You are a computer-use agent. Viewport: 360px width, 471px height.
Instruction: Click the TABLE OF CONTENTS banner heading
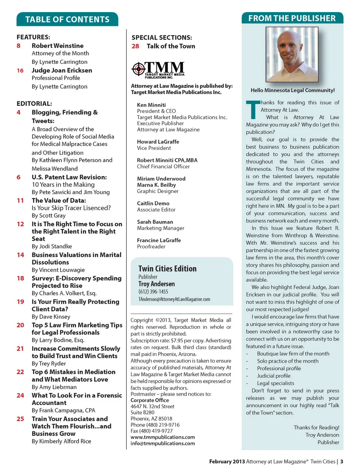(67, 20)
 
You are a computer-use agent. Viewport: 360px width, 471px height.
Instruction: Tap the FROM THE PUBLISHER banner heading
(292, 18)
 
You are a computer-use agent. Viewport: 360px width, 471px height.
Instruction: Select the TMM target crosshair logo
(138, 69)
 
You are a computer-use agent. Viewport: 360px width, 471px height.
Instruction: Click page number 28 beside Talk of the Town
(135, 46)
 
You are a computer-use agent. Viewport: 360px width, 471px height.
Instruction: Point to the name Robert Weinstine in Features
(57, 45)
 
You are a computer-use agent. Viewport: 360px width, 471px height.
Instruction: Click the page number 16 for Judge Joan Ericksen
(20, 71)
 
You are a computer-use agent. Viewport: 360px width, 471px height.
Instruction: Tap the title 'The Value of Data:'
(59, 200)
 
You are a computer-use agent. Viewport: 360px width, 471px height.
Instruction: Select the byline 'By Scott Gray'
(49, 215)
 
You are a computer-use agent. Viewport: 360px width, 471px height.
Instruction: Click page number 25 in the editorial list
(20, 419)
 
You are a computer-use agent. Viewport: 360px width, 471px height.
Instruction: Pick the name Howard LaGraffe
(158, 142)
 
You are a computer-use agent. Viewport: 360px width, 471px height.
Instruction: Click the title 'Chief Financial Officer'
(163, 167)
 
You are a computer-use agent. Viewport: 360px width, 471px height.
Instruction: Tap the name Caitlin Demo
(153, 203)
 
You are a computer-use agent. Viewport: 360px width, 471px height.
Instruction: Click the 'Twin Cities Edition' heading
(167, 269)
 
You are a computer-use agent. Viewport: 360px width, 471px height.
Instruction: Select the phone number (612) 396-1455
(153, 292)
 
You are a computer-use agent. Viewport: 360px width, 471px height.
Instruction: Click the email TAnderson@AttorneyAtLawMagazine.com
(174, 299)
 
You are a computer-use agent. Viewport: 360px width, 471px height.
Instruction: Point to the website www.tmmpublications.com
(162, 437)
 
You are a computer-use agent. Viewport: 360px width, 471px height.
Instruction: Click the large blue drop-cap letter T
(253, 110)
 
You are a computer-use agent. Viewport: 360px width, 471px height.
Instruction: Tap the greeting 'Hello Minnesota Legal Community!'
(292, 90)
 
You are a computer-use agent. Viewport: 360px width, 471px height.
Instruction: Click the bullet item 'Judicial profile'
(274, 376)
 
